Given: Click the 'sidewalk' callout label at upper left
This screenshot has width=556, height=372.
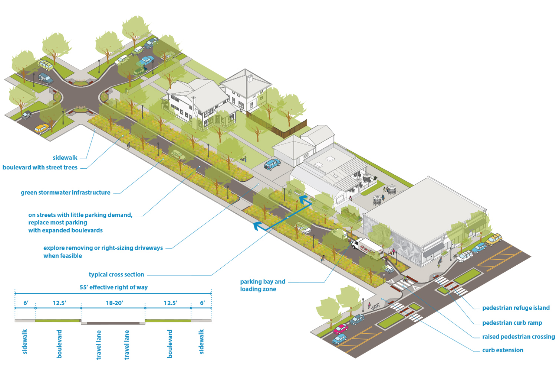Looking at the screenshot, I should (65, 158).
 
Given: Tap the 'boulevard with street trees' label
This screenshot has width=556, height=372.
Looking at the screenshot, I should (40, 168).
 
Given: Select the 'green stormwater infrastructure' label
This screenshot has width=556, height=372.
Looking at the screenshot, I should (66, 193).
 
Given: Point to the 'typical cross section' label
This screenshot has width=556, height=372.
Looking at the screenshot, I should (116, 275).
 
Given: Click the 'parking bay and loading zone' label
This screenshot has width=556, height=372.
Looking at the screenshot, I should (263, 285).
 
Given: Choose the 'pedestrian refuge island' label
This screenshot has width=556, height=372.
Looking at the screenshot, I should (516, 308).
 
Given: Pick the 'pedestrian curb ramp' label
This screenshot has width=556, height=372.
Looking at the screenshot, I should (512, 323).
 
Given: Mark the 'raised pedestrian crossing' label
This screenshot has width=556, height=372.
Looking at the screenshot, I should (518, 337).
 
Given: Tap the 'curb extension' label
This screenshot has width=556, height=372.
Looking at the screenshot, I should (503, 350).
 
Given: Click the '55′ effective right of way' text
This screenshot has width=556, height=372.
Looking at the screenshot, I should (113, 287).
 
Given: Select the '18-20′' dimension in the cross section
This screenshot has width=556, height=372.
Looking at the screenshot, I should (114, 303).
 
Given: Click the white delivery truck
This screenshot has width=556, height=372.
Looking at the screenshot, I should (367, 248).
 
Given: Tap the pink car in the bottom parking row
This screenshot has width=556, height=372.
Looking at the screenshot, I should (340, 329).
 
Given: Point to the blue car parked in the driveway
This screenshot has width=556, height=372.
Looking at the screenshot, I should (272, 164).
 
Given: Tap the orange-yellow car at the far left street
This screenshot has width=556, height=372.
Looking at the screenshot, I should (42, 129).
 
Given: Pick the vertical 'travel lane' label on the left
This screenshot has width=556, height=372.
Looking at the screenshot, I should (99, 344).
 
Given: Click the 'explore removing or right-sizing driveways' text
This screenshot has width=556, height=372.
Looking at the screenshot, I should (103, 248).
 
